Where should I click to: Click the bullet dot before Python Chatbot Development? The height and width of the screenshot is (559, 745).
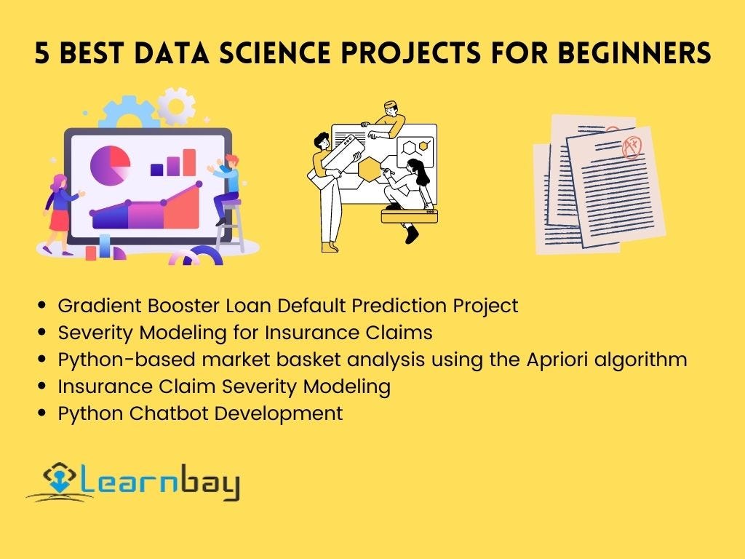click(x=44, y=414)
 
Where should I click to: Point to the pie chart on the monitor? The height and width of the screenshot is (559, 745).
click(x=109, y=164)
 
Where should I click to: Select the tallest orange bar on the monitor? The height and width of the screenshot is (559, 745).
click(x=189, y=162)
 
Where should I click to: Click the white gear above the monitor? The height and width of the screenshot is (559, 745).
click(x=176, y=106)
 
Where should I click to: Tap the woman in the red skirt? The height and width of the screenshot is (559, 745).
click(x=58, y=211)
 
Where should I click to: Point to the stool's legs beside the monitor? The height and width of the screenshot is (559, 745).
click(x=231, y=233)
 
